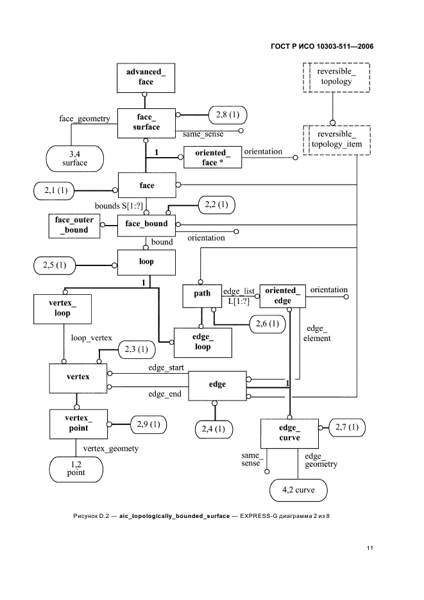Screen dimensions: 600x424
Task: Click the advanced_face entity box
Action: coord(146,78)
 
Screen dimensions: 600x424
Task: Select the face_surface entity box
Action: coord(146,122)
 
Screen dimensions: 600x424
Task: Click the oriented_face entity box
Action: coord(213,157)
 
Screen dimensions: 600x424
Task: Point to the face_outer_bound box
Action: coord(74,225)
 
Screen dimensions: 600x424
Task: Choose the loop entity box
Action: coord(146,262)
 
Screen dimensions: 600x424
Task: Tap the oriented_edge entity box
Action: coord(282,296)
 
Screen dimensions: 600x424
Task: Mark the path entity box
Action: coord(202,295)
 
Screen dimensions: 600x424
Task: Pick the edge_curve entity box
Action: coord(289,433)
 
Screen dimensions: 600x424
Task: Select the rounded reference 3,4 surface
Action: coord(74,158)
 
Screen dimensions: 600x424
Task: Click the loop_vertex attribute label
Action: coord(91,337)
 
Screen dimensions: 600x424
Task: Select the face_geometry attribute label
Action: coord(84,119)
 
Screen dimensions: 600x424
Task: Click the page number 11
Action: coord(370,548)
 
